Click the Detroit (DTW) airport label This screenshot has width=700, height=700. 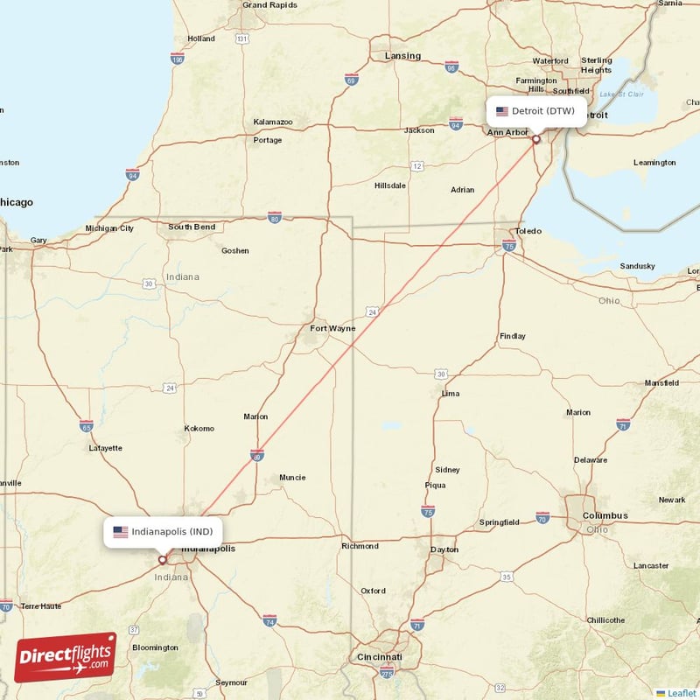tap(536, 111)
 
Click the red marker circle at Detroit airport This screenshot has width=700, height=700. tap(536, 138)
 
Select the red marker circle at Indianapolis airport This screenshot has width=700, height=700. tap(162, 559)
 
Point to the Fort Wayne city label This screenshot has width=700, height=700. tap(332, 329)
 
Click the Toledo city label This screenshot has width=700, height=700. tap(528, 231)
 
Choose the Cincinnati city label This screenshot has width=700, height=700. tap(380, 656)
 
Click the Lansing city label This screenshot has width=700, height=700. tap(402, 56)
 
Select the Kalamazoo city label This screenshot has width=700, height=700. tap(273, 122)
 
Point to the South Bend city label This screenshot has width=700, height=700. tap(192, 227)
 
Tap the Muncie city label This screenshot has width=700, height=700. tap(291, 477)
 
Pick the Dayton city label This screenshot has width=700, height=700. tap(444, 549)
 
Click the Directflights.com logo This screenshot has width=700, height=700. tap(66, 657)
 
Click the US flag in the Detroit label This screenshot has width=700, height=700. tap(502, 111)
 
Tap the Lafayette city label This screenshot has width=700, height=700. tap(106, 448)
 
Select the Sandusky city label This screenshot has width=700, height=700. tap(637, 265)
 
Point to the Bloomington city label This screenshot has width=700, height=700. tap(154, 647)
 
